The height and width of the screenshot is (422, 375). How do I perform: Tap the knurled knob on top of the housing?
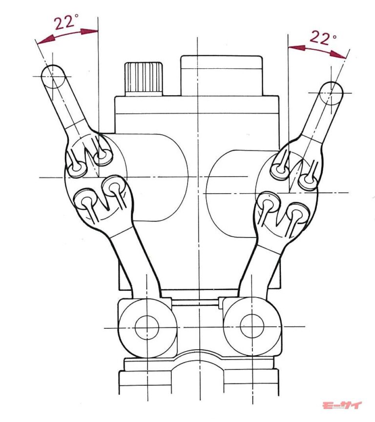pyautogui.click(x=144, y=78)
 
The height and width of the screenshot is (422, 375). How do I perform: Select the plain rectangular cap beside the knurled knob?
pyautogui.click(x=221, y=75)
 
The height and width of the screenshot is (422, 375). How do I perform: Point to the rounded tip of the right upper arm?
pyautogui.click(x=332, y=91)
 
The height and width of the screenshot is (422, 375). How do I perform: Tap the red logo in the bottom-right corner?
pyautogui.click(x=342, y=406)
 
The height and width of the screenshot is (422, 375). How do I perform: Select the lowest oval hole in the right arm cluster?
pyautogui.click(x=296, y=213)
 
